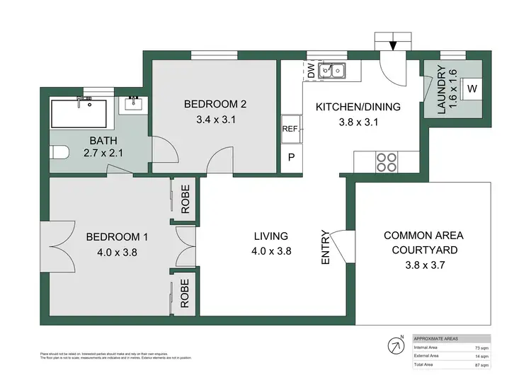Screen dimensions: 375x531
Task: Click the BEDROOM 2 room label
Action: click(x=215, y=104)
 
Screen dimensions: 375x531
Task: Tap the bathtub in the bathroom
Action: click(x=79, y=112)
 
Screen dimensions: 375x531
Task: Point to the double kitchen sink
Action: click(x=332, y=70)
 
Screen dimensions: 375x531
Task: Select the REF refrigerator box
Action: click(x=290, y=129)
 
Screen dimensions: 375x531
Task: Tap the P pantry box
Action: click(x=290, y=158)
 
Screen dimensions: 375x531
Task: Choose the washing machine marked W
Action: click(x=472, y=89)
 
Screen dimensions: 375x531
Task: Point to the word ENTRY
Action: click(x=326, y=247)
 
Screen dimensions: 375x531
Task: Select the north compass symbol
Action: click(x=394, y=346)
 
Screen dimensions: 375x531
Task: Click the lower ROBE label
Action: click(x=185, y=292)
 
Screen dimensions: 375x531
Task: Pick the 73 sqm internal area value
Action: click(x=481, y=348)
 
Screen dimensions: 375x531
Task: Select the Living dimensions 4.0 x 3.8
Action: click(x=271, y=250)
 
